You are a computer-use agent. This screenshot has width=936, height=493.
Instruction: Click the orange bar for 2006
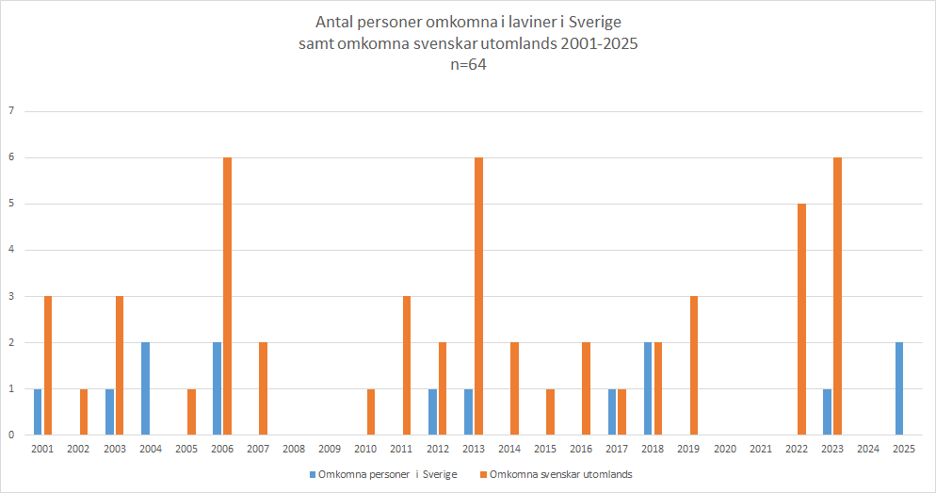(x=227, y=296)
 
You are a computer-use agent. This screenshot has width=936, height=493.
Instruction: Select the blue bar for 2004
(x=145, y=388)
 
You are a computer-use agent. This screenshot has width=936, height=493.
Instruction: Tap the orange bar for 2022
(x=801, y=319)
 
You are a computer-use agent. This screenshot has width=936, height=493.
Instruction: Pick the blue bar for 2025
(x=899, y=388)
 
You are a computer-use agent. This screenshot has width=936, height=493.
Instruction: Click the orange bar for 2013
(x=478, y=296)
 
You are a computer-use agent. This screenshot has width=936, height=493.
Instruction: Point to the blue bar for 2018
(x=648, y=388)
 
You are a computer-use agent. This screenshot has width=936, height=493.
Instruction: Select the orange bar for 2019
(x=694, y=365)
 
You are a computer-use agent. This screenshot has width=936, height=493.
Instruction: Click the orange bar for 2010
(x=371, y=411)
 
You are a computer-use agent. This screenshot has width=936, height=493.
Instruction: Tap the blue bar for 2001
(x=38, y=411)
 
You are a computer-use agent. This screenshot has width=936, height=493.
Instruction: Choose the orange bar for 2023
(x=837, y=296)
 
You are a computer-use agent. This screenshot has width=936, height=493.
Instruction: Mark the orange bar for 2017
(x=621, y=411)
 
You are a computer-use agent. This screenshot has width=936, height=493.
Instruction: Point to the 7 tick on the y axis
(x=10, y=111)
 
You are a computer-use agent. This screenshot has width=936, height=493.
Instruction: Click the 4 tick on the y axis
(x=10, y=250)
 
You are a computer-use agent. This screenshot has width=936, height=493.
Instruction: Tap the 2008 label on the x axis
(x=293, y=450)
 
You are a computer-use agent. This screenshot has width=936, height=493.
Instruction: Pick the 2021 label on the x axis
(x=760, y=450)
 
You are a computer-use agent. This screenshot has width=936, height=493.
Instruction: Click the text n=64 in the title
(x=468, y=65)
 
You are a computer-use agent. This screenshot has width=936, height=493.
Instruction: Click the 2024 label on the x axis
(x=867, y=450)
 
